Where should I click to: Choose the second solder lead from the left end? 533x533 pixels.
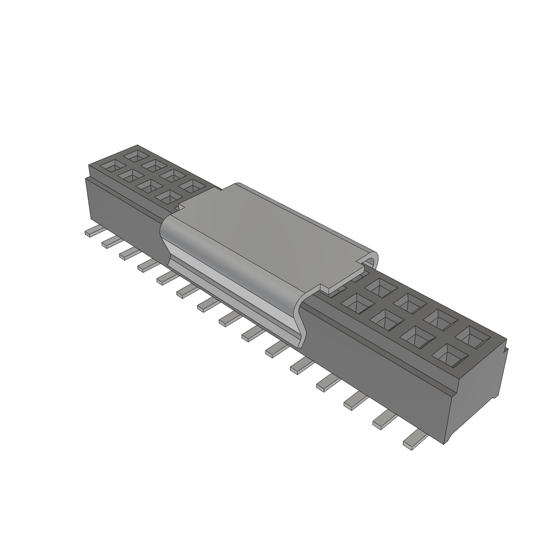coord(111,240)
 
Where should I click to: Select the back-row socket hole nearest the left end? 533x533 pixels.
coord(137,155)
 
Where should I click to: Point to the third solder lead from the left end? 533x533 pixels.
coord(129,252)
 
